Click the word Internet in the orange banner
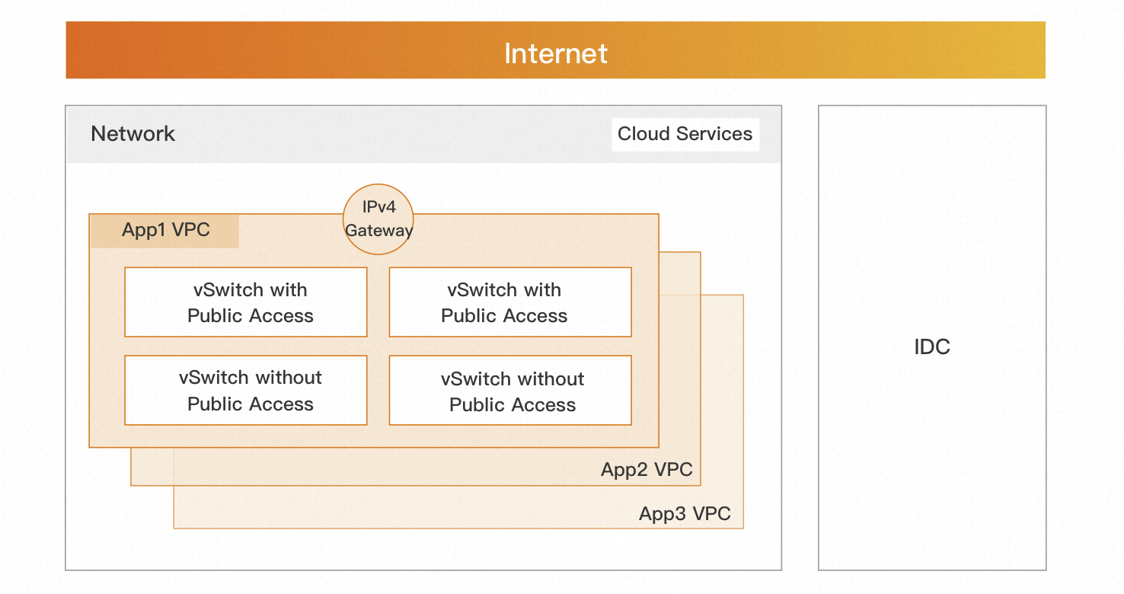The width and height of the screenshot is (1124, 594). coord(556,53)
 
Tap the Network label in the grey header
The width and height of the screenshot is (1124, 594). coord(133,134)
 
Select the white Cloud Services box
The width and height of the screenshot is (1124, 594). coord(685,134)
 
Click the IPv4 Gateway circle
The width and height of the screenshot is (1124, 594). coord(378,219)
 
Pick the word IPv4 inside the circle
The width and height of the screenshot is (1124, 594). coord(378,208)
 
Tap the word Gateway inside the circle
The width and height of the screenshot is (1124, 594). coord(378,231)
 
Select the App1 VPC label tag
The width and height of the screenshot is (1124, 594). coord(165,230)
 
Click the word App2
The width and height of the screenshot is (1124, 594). coord(624,470)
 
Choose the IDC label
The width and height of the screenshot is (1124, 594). coord(932,347)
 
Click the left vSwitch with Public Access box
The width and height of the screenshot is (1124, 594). coord(246,302)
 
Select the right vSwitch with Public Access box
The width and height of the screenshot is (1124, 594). coord(510,302)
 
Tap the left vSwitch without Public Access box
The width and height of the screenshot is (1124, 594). coord(246,391)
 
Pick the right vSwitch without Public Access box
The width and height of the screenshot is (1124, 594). coord(510,391)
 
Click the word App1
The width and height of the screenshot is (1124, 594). coord(144,230)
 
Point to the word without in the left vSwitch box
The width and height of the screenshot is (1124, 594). coord(288,378)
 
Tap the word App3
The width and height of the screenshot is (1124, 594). coord(662,514)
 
